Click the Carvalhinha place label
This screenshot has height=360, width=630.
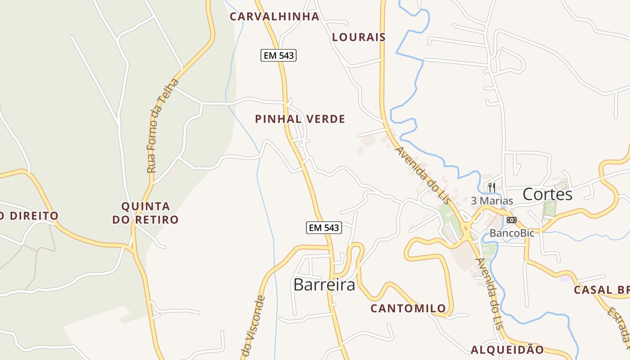click(x=274, y=17)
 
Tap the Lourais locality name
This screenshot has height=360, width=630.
click(x=359, y=37)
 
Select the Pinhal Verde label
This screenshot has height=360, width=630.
click(x=300, y=119)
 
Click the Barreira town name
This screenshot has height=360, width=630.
click(x=324, y=284)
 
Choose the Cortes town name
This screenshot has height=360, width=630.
click(x=547, y=194)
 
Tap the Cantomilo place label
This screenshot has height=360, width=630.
click(x=408, y=308)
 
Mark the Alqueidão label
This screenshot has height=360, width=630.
click(x=507, y=350)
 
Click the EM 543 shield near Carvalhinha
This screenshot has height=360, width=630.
click(x=279, y=55)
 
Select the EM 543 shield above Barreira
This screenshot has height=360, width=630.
click(x=324, y=228)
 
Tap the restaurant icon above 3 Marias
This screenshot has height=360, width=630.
click(x=492, y=187)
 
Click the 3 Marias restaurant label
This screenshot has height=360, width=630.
click(x=492, y=201)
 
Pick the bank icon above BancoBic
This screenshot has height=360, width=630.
click(x=512, y=220)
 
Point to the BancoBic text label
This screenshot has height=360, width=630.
click(x=512, y=233)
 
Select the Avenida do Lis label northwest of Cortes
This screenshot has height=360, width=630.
click(x=422, y=175)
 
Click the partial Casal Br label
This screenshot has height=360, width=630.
click(x=601, y=290)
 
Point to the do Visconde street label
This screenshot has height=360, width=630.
click(x=253, y=326)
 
